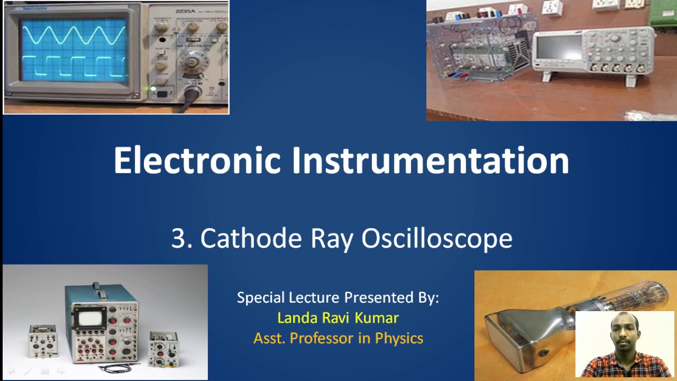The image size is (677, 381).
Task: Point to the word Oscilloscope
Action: point(436,239)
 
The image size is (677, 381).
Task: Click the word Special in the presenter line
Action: point(261,297)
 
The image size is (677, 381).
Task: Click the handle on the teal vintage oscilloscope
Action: point(96,288)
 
